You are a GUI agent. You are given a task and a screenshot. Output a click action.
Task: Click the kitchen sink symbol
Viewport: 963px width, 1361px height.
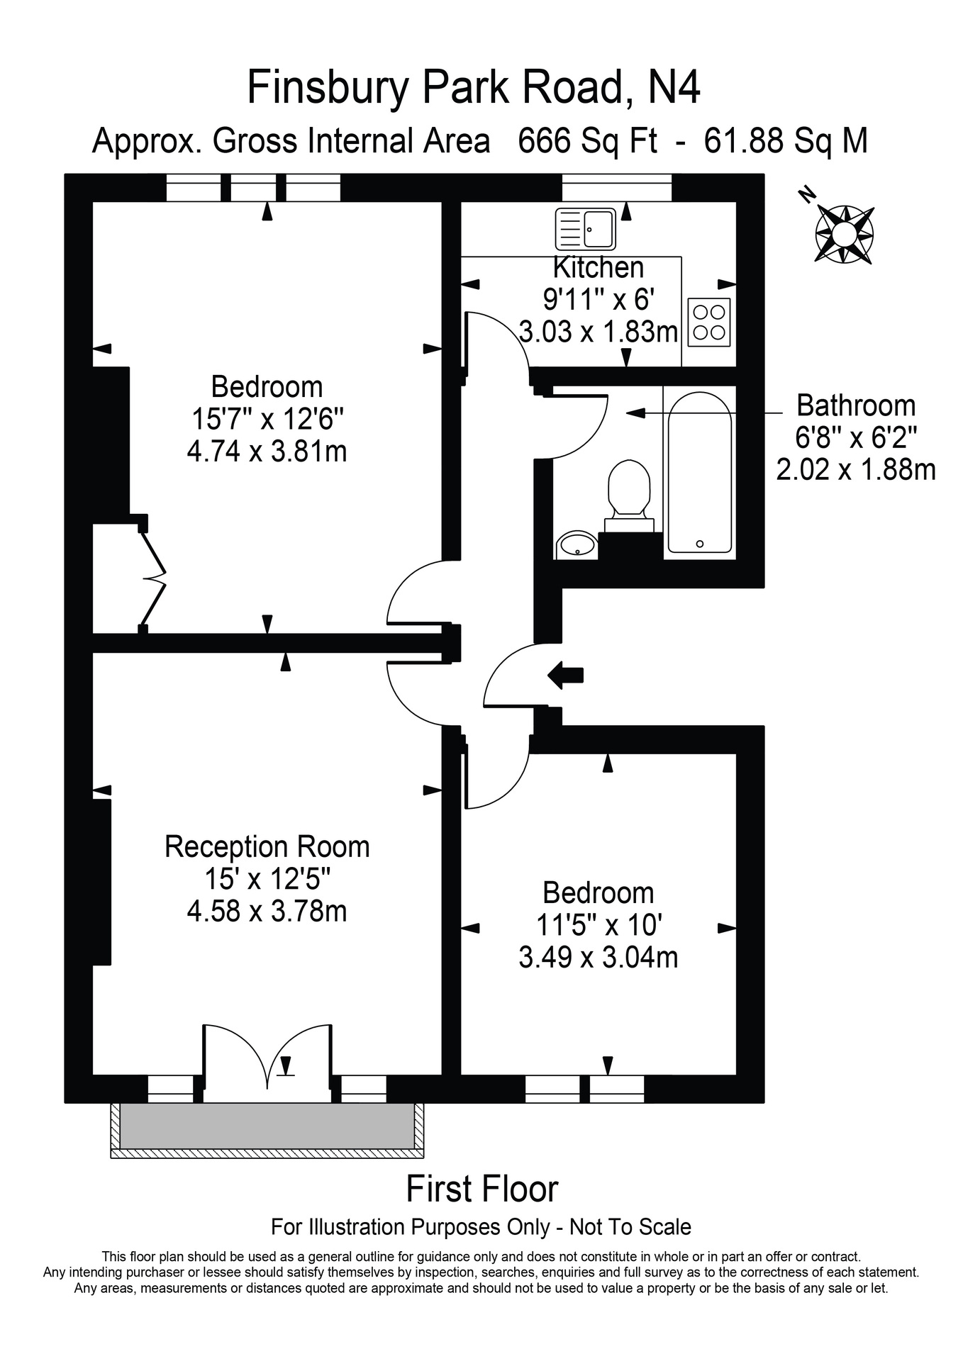coord(586,229)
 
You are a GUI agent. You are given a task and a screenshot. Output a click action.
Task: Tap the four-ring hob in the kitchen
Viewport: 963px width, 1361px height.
coord(708,322)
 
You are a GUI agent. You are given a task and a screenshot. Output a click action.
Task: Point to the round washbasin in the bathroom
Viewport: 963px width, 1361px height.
coord(577,544)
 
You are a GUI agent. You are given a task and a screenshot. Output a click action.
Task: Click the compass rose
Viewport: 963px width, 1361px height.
coord(844,234)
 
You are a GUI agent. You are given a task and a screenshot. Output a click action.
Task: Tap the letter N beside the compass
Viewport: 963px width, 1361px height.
coord(806,194)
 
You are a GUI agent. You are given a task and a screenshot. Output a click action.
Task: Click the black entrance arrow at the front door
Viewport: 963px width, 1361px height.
coord(565,675)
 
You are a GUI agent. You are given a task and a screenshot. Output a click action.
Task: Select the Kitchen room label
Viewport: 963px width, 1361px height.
coord(599,268)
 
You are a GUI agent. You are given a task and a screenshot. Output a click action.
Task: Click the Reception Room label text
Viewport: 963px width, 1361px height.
coord(267,847)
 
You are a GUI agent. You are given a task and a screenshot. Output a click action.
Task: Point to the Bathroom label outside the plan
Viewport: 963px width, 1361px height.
coord(856,405)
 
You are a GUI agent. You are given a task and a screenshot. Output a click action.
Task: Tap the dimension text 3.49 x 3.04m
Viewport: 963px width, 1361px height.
coord(599,958)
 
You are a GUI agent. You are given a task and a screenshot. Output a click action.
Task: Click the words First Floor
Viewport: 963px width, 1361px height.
coord(481,1189)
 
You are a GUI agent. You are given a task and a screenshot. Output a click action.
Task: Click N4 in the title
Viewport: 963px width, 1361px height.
coord(674,88)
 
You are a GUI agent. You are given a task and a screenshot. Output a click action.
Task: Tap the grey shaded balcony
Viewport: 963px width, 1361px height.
coord(267,1125)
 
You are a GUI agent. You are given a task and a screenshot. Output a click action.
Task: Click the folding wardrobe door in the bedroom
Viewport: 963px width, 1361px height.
coord(153,575)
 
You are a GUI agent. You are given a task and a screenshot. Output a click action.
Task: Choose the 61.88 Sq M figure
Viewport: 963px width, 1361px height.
coord(786,141)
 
